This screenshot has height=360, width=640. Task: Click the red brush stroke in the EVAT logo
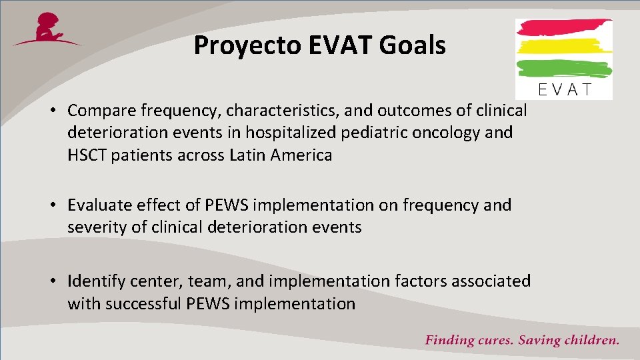point(564,28)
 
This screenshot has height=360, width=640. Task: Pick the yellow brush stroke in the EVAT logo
point(564,47)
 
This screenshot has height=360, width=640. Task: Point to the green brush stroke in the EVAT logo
point(564,68)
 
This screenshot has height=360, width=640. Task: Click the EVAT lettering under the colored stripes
point(564,89)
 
